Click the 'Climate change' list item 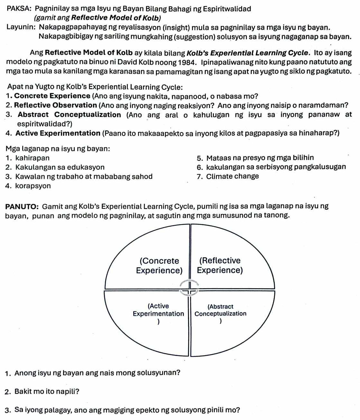pyautogui.click(x=232, y=176)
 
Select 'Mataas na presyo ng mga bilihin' pyautogui.click(x=260, y=158)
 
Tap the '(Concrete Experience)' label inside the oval pyautogui.click(x=159, y=265)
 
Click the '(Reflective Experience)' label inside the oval pyautogui.click(x=220, y=265)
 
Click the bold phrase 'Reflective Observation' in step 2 pyautogui.click(x=55, y=105)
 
